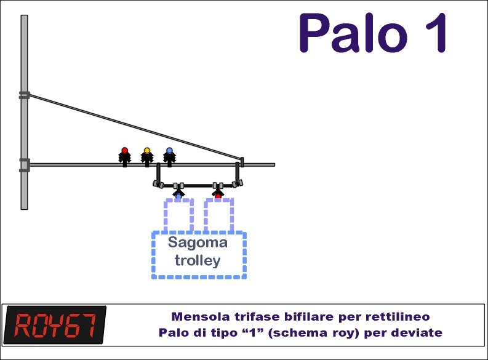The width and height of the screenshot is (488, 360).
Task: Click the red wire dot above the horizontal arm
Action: pyautogui.click(x=125, y=151)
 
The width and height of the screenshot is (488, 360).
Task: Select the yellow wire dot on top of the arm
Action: pyautogui.click(x=147, y=151)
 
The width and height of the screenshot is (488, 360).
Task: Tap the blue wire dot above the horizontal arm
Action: pyautogui.click(x=169, y=151)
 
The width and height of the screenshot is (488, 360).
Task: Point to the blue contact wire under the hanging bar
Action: pyautogui.click(x=178, y=197)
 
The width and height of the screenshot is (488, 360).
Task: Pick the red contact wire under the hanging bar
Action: pyautogui.click(x=218, y=197)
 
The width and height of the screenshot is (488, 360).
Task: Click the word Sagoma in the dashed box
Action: pyautogui.click(x=198, y=243)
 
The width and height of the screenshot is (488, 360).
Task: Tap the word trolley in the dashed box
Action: pyautogui.click(x=198, y=260)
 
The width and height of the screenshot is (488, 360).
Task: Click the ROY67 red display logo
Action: pyautogui.click(x=55, y=325)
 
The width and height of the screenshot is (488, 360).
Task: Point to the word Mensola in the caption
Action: pyautogui.click(x=201, y=317)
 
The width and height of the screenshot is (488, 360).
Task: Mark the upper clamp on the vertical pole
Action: pyautogui.click(x=24, y=95)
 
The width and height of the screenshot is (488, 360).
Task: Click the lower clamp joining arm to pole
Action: pyautogui.click(x=24, y=165)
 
